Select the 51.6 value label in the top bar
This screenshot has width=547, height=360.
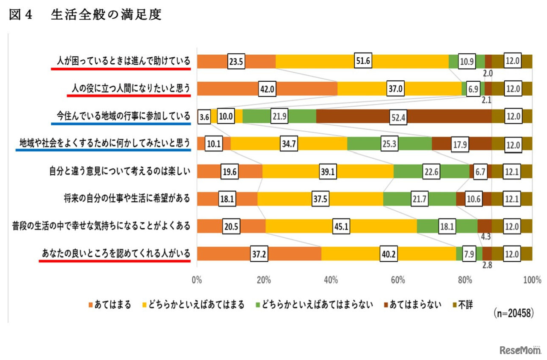pos(362,62)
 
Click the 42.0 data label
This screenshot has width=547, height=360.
pos(266,89)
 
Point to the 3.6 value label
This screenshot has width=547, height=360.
pos(204,117)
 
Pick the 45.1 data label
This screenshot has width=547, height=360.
pos(341,227)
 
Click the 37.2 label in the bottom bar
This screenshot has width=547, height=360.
pos(259,254)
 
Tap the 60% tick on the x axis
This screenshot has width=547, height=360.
pos(398,280)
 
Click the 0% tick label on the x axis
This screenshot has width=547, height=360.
pos(197,280)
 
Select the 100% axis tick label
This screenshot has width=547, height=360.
pos(532,280)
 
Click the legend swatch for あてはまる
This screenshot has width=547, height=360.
pos(90,305)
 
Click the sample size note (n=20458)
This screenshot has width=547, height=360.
pos(513,313)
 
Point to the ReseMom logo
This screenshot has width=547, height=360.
pos(520,350)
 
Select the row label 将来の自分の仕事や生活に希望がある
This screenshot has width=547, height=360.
pos(126,198)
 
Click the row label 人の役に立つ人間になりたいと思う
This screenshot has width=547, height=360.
pos(130,88)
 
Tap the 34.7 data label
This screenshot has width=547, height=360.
pos(289,144)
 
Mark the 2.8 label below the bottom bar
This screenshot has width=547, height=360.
pos(487,265)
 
